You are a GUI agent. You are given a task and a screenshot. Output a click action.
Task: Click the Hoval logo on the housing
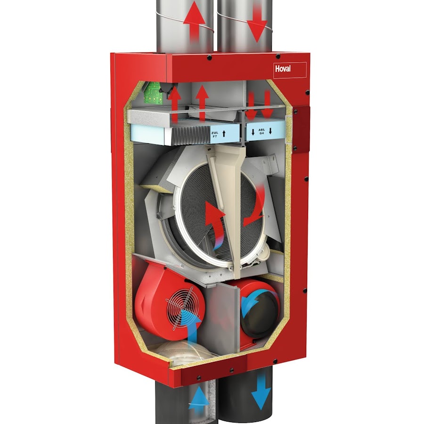[x=283, y=68]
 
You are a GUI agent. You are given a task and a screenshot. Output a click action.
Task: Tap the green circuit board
[x=153, y=94]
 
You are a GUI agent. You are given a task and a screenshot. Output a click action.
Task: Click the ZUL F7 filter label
[x=214, y=134]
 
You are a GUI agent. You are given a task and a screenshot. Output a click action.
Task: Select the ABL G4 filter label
[x=261, y=131]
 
